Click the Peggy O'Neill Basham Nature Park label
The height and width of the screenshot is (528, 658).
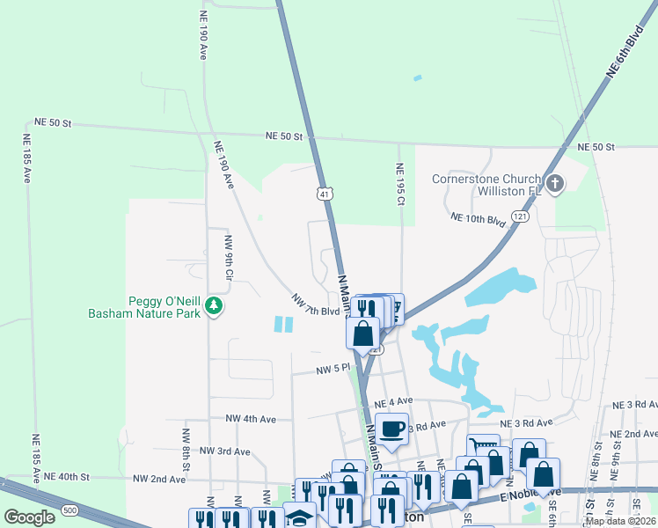tap(150, 306)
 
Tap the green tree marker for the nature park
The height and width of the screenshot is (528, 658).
tap(214, 306)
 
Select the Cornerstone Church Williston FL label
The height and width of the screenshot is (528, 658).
tap(485, 185)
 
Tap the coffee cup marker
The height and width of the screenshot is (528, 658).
tap(392, 429)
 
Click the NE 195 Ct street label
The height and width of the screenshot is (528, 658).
tap(399, 185)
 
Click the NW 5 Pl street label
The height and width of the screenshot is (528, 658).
tap(333, 371)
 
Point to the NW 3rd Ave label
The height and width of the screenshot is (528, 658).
tap(225, 451)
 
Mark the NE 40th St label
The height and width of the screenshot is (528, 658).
tap(67, 476)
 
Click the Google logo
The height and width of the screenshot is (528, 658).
tap(30, 517)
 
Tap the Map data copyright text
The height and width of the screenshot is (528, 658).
tap(619, 521)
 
